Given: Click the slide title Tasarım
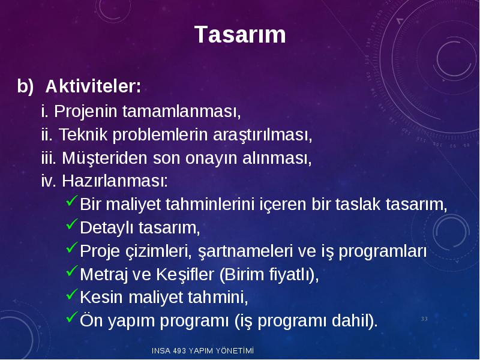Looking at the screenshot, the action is tap(240, 34).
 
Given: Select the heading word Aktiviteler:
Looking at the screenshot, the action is tap(93, 86).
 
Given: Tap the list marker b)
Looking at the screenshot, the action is tap(25, 86).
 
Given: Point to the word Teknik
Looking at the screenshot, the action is tap(83, 134).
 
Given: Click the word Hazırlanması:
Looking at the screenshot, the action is tap(115, 181).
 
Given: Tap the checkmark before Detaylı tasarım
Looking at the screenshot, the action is tap(71, 224).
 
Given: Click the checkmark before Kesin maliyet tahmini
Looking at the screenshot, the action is tap(71, 294).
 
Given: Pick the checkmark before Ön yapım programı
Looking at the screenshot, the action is tap(71, 317).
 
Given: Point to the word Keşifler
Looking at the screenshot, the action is tap(185, 274).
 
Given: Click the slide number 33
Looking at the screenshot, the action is tap(424, 319).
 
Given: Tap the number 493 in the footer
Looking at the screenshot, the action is tap(179, 351).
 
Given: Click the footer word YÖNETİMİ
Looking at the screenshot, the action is tap(235, 350).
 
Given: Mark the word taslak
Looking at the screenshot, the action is tap(358, 204).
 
